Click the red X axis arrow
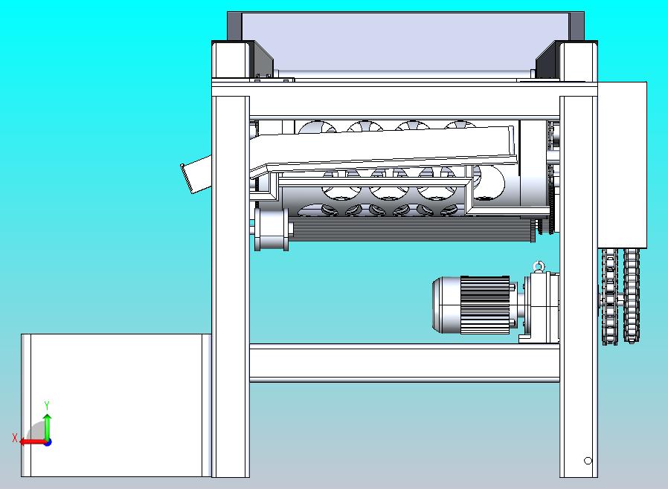click(x=33, y=441)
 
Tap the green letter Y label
click(x=47, y=405)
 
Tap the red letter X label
click(x=15, y=438)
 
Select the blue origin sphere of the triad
click(x=48, y=443)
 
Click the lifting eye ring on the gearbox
click(x=539, y=266)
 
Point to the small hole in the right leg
click(x=588, y=461)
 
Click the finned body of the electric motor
click(x=485, y=305)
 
